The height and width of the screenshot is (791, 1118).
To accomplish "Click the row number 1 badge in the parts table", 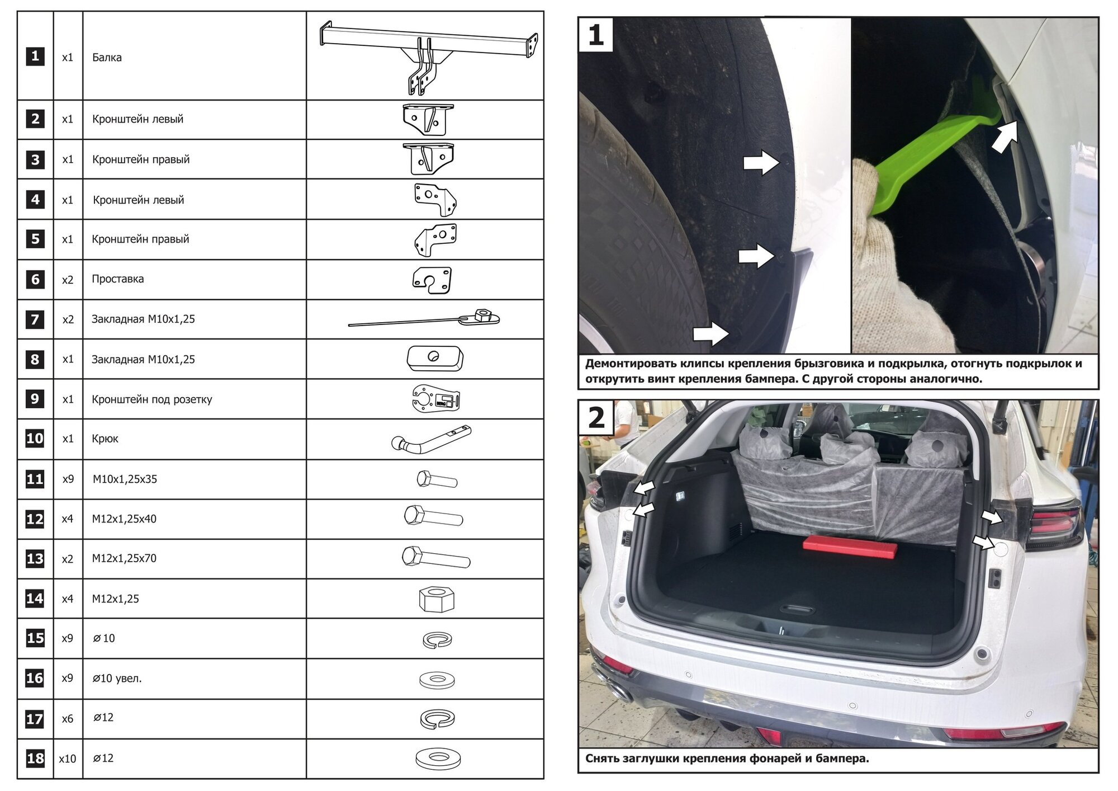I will (x=35, y=56).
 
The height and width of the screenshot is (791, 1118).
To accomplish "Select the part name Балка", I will (x=107, y=57).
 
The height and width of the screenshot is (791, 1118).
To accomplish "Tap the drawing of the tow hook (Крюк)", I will (x=431, y=439).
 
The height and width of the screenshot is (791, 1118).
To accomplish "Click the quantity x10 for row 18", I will (x=67, y=759).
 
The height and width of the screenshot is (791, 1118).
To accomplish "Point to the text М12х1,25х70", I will (x=124, y=558).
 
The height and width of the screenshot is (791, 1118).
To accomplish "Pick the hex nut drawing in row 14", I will (x=437, y=599).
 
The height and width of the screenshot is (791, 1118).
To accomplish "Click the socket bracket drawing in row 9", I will (x=436, y=399).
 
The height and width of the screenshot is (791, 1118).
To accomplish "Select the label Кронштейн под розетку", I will (x=152, y=399).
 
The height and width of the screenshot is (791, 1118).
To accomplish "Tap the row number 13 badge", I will (x=35, y=558).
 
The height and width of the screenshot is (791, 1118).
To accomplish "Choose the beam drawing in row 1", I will (x=428, y=56).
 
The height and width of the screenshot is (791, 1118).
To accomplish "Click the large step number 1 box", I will (x=596, y=35).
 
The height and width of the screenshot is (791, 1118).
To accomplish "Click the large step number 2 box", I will (x=596, y=417).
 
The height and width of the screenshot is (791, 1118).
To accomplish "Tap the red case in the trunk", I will (x=850, y=545).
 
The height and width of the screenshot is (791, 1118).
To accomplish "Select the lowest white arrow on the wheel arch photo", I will (x=710, y=334).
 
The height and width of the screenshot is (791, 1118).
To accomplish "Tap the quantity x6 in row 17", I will (x=67, y=719).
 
